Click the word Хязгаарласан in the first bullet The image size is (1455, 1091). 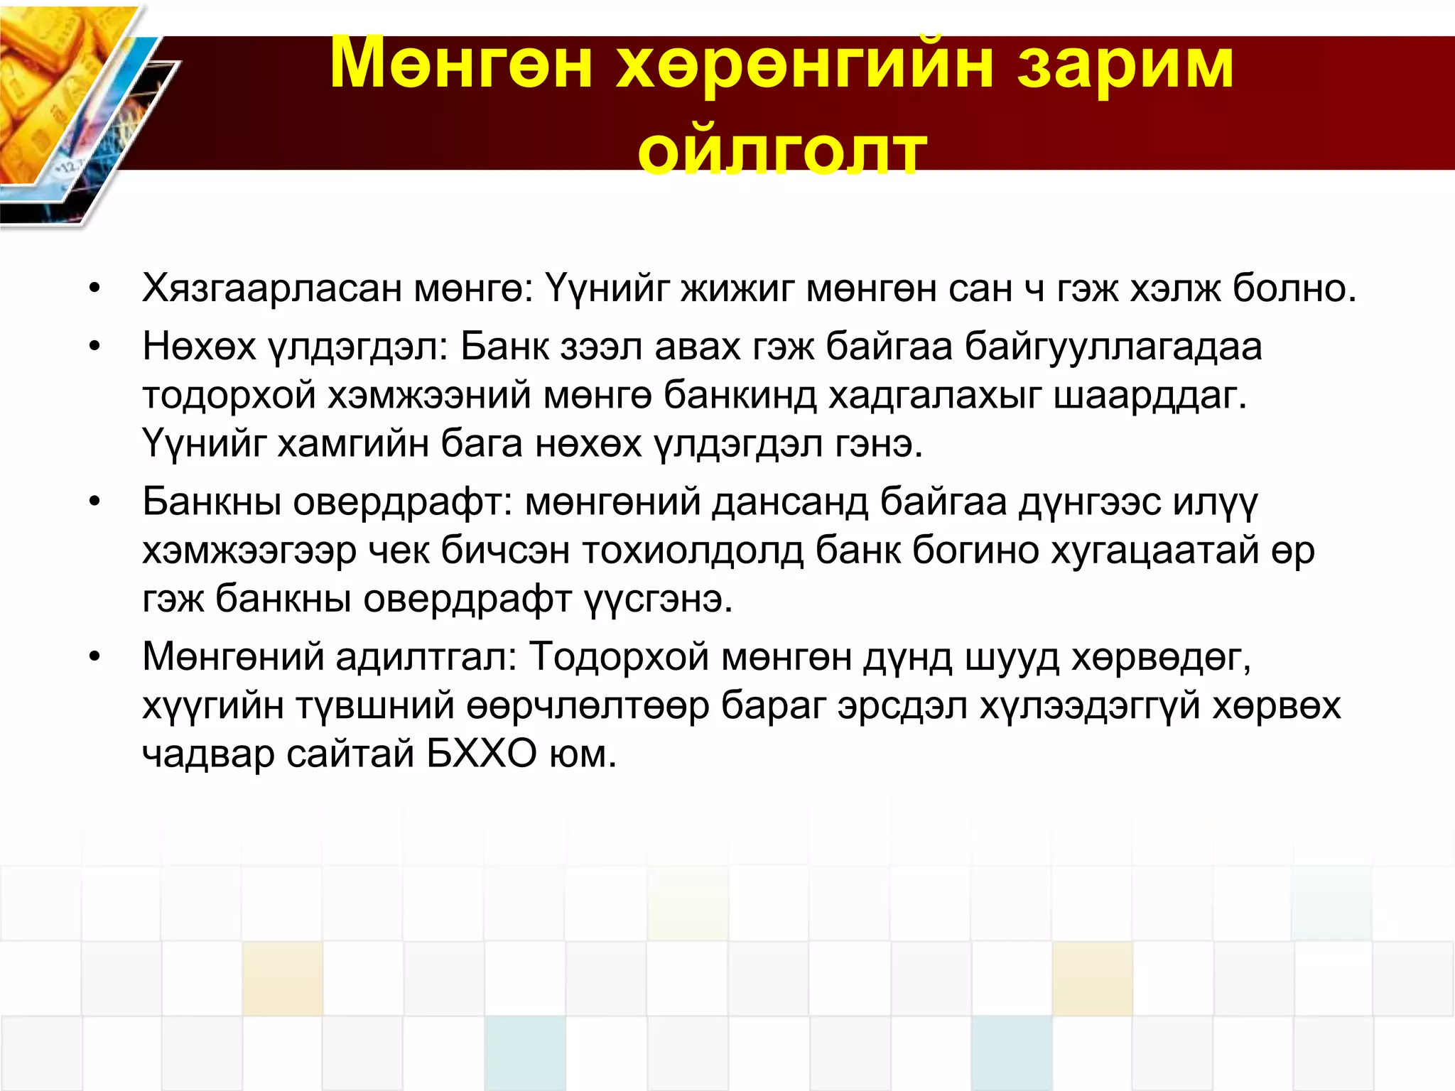[x=271, y=288]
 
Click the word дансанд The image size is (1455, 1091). [x=789, y=501]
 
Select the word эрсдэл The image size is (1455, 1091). [x=902, y=705]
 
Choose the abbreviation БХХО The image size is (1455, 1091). [x=482, y=754]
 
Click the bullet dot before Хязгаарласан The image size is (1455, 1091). [x=95, y=290]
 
